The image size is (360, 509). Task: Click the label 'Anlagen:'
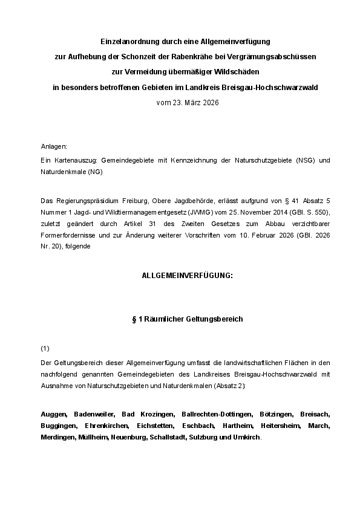click(x=53, y=147)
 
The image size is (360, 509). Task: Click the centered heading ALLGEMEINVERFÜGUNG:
click(x=187, y=275)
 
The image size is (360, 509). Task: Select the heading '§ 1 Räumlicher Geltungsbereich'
click(x=187, y=319)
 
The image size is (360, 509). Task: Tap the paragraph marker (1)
click(x=45, y=349)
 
